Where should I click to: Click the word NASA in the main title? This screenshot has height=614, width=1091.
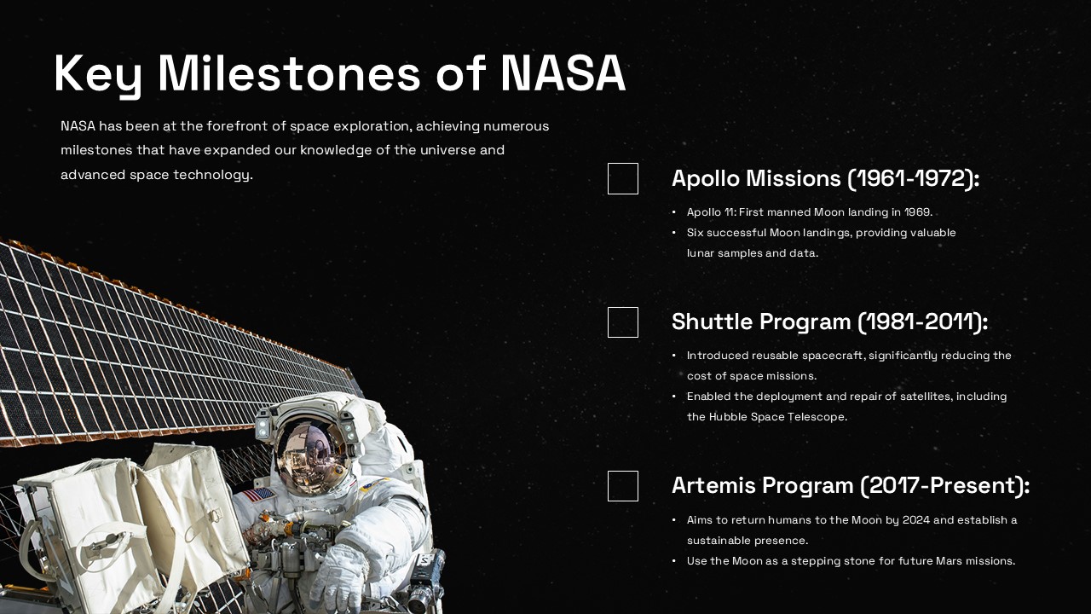563,73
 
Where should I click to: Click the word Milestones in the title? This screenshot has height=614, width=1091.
290,73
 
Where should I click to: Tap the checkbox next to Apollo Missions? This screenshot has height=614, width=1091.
623,179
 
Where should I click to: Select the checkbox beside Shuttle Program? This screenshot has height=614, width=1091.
623,322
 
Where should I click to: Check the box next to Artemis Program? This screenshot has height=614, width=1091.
623,486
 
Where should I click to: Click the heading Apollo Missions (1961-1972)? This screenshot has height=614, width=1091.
825,179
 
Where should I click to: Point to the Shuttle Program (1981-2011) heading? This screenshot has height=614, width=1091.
829,322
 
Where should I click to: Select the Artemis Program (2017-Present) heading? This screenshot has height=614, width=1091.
850,486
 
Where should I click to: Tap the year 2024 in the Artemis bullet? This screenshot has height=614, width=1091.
915,520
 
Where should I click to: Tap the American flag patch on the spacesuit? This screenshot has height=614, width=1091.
258,495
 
